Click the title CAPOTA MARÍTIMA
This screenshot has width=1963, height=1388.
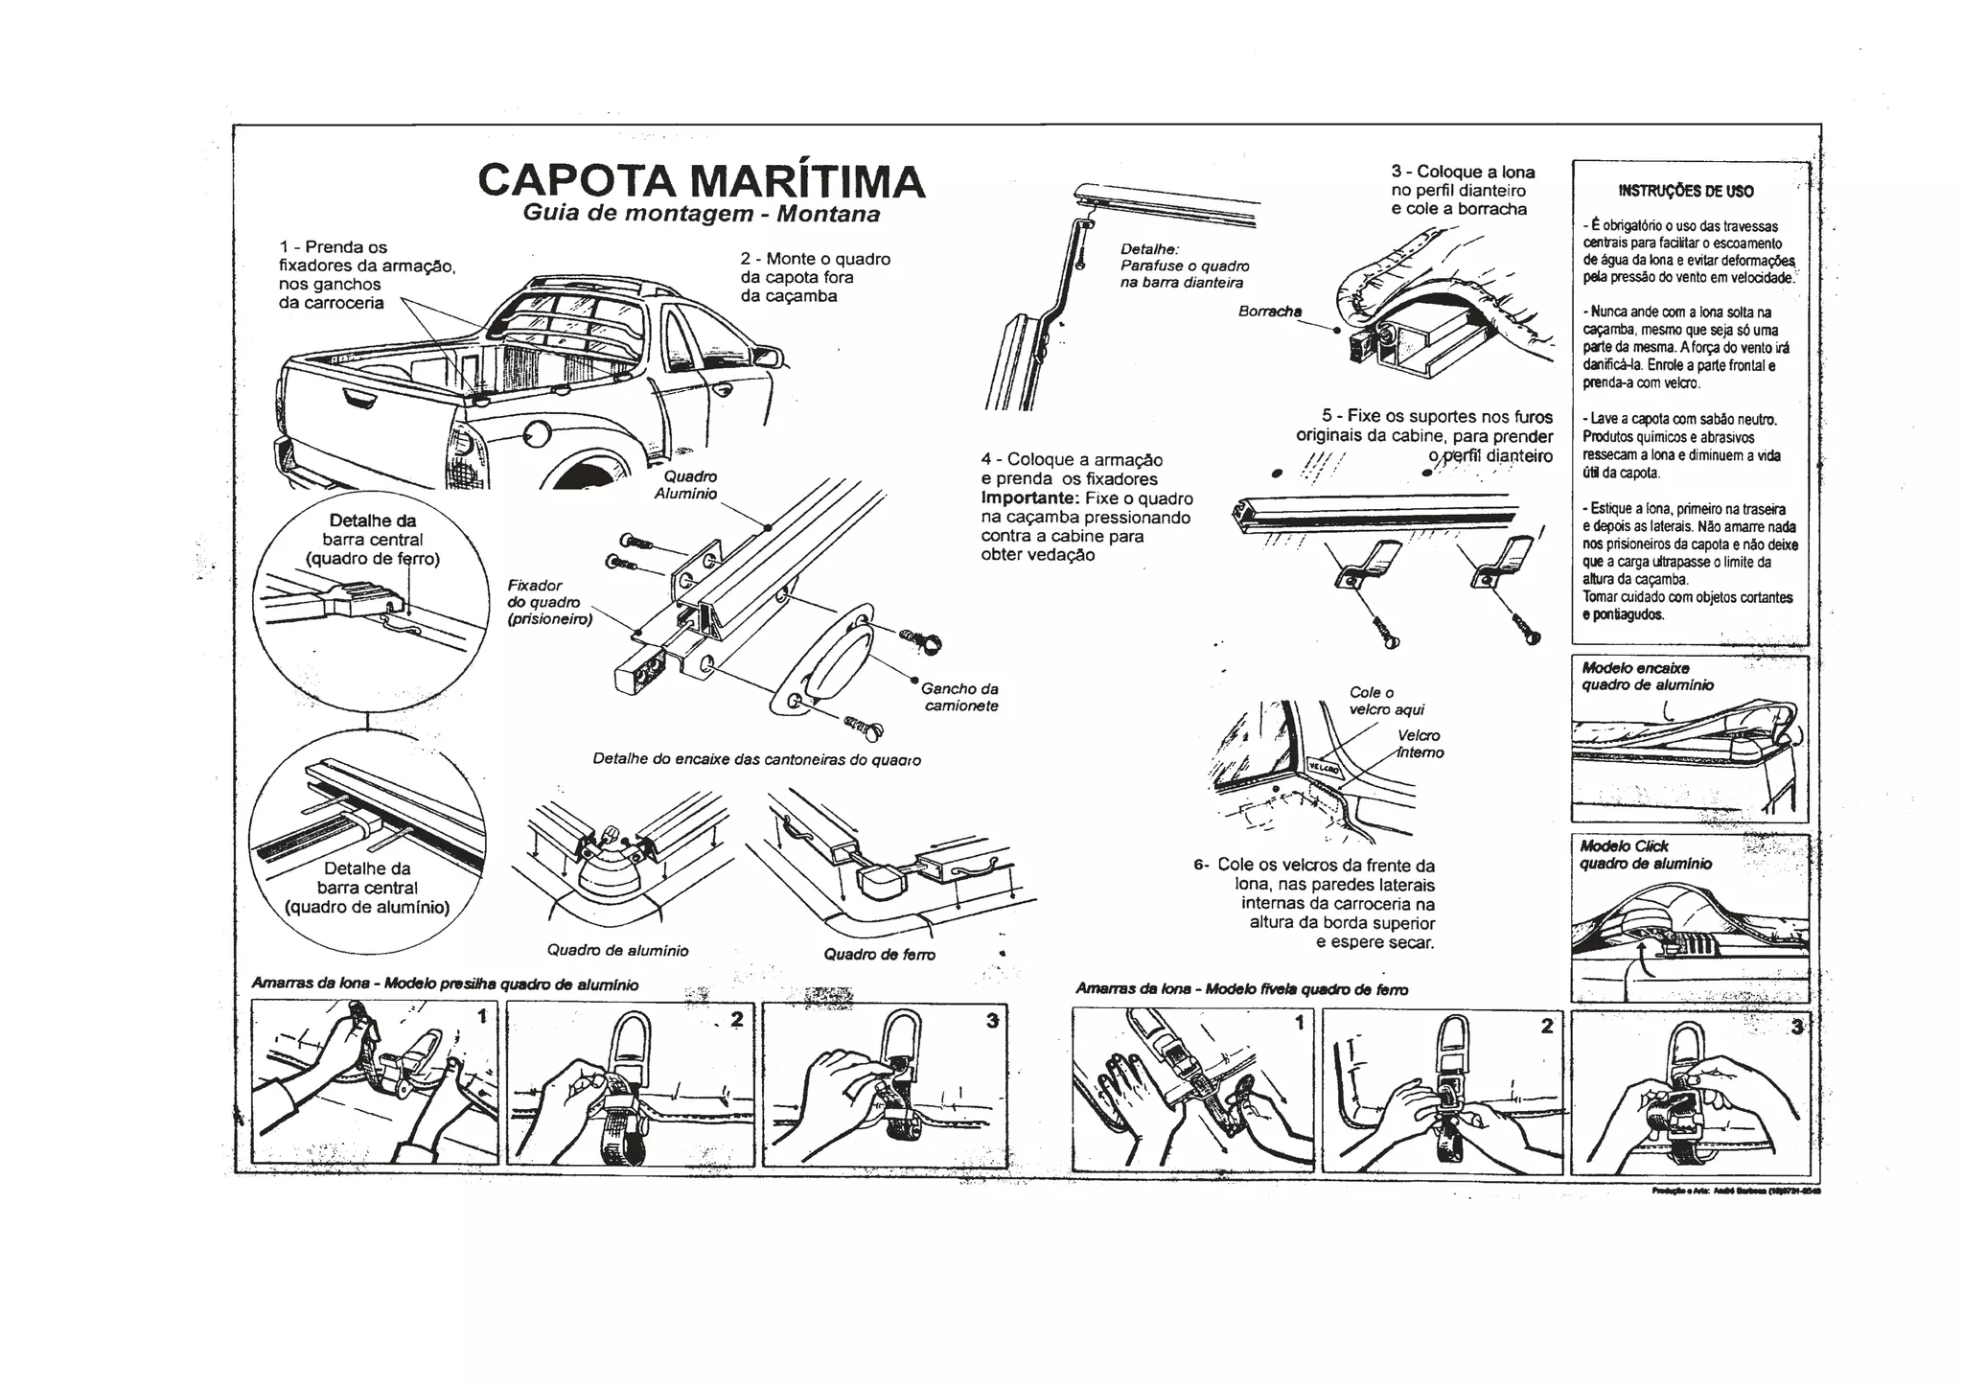(701, 181)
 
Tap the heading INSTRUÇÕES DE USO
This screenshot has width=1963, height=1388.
(1686, 191)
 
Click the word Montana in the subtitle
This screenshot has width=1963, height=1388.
(828, 214)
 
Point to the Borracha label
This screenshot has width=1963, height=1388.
(1269, 312)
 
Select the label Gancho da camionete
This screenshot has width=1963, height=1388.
(960, 697)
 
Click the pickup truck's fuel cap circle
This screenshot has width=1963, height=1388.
(532, 436)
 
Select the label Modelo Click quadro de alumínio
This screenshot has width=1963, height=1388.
(1645, 855)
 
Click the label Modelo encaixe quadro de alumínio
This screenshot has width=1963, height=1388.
(1647, 677)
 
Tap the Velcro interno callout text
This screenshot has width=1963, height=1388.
(1420, 744)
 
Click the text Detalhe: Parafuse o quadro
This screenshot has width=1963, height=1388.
(1184, 257)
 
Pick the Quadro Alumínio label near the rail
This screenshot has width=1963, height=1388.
(686, 485)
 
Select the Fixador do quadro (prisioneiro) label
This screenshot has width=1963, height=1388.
(549, 602)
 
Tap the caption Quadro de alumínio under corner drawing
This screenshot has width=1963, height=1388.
(617, 950)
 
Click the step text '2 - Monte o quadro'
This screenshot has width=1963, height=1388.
(815, 259)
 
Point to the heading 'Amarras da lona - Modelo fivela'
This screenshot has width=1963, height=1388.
(1241, 988)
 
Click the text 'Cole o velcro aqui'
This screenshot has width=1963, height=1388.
(1386, 701)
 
